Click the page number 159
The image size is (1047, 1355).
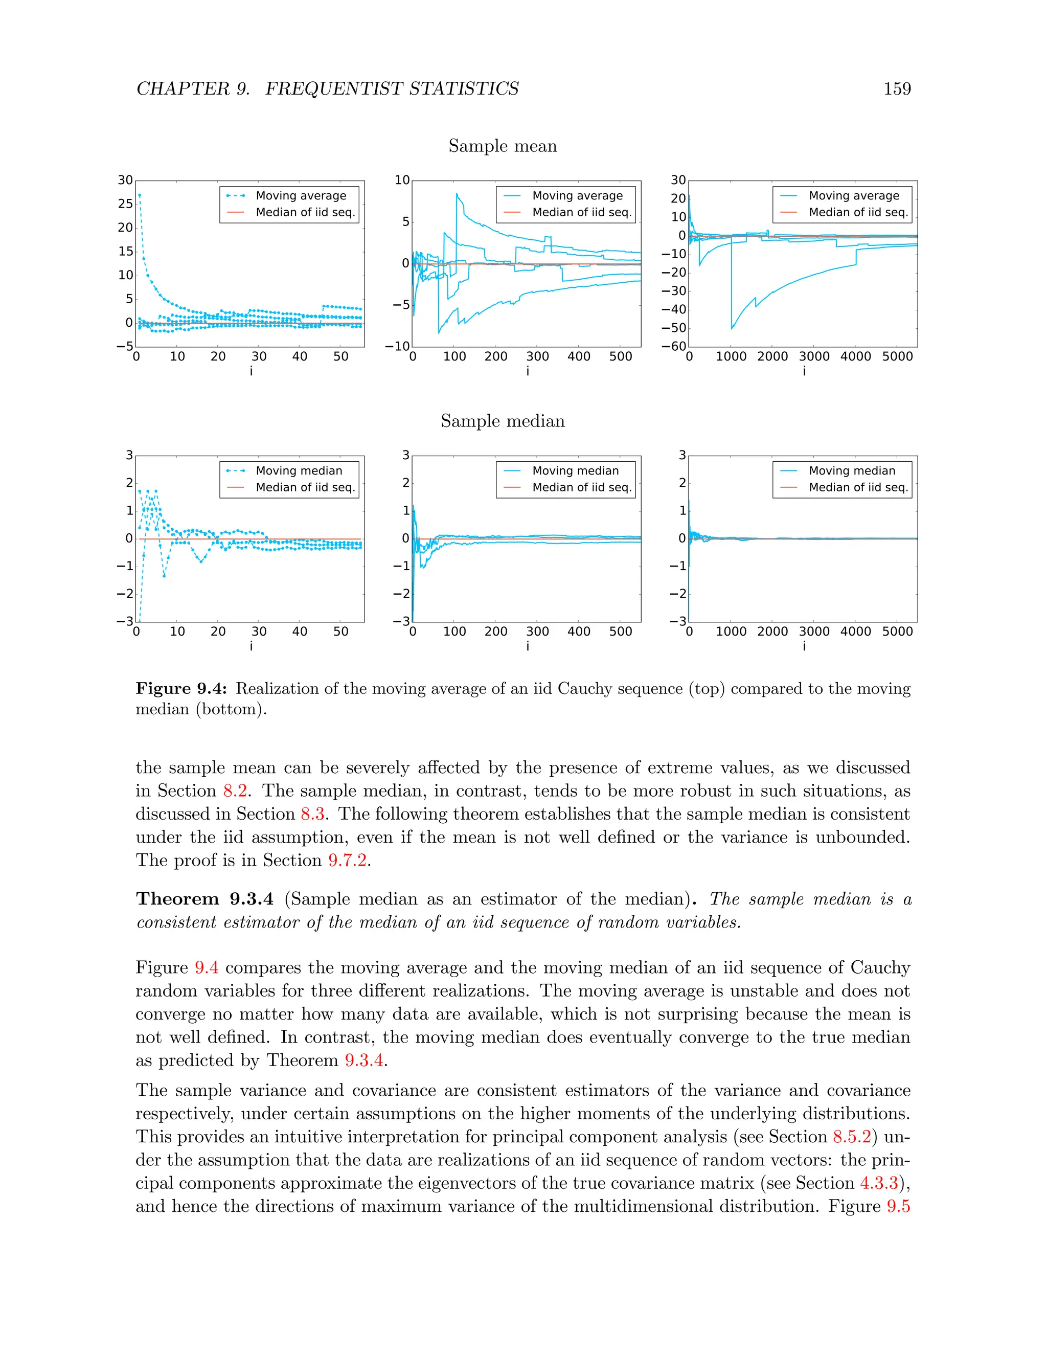click(897, 89)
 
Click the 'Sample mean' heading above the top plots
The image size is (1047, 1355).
click(503, 146)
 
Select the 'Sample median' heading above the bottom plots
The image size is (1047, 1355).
click(503, 421)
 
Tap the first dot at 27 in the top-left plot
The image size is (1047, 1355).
click(140, 195)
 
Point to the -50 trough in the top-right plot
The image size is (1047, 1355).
click(732, 328)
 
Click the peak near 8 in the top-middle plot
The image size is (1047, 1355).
click(457, 194)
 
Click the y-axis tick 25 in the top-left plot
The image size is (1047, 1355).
click(125, 204)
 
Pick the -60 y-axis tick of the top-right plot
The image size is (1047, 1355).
click(678, 346)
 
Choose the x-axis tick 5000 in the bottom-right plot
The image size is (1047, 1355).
click(897, 631)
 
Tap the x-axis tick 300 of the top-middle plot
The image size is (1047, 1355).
click(537, 357)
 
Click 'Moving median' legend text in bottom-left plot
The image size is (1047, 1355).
click(299, 471)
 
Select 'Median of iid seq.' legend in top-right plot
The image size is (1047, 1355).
click(858, 212)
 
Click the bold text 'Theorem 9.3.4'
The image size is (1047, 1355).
click(204, 899)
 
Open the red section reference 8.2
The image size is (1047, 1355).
click(235, 791)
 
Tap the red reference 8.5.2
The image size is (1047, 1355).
click(852, 1137)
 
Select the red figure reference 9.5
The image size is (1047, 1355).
click(898, 1206)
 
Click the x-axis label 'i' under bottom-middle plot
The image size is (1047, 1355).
click(528, 646)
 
